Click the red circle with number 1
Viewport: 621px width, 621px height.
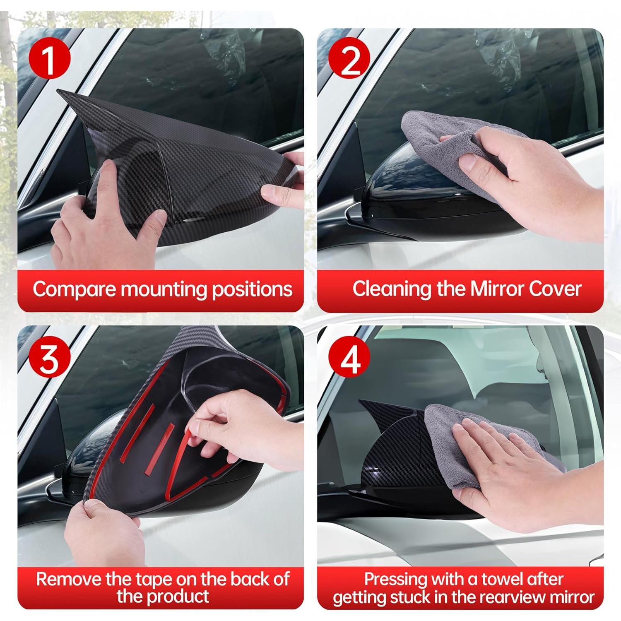click(x=49, y=60)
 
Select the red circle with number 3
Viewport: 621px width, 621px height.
click(x=49, y=359)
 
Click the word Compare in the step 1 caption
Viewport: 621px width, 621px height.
click(x=74, y=289)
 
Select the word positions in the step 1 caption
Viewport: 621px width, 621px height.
click(x=252, y=289)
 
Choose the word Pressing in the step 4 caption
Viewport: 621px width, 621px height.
click(x=395, y=579)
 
